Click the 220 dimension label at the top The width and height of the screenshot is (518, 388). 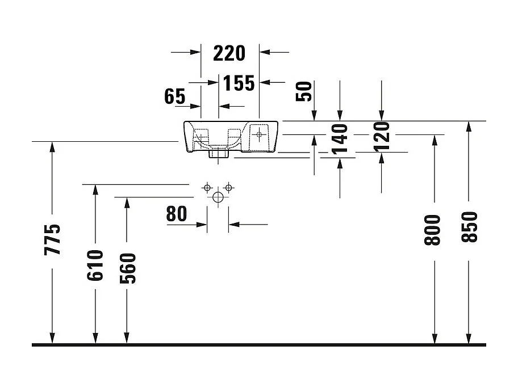pyautogui.click(x=229, y=53)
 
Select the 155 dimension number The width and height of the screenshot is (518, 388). pyautogui.click(x=239, y=83)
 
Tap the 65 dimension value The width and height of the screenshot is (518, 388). pyautogui.click(x=175, y=97)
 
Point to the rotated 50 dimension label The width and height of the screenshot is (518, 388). pyautogui.click(x=306, y=91)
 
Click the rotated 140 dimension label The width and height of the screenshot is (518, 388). pyautogui.click(x=339, y=140)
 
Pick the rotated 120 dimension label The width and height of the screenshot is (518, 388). pyautogui.click(x=381, y=136)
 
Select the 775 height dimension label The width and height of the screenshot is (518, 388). pyautogui.click(x=52, y=239)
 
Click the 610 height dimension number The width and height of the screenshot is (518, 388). pyautogui.click(x=95, y=265)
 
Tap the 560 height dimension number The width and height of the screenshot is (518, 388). pyautogui.click(x=127, y=268)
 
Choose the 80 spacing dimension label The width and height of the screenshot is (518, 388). pyautogui.click(x=177, y=214)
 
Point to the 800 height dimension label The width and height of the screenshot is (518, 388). pyautogui.click(x=433, y=230)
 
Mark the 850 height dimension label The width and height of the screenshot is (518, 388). pyautogui.click(x=469, y=227)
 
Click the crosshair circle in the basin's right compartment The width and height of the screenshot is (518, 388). pyautogui.click(x=259, y=135)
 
